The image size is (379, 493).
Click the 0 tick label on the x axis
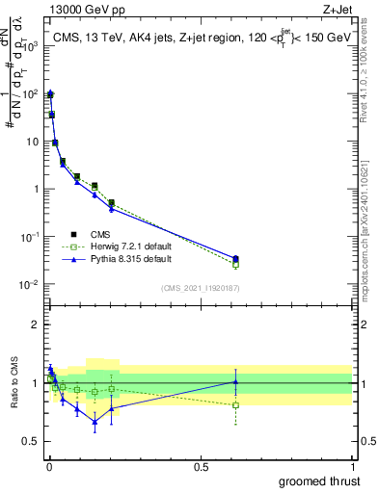tap(48, 466)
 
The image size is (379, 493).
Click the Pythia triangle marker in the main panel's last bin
tap(236, 258)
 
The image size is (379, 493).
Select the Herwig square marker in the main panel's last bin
tap(236, 264)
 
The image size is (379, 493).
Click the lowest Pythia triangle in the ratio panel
tap(95, 421)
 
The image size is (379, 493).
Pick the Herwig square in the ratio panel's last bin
tap(236, 404)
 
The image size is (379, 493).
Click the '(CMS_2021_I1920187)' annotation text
tap(200, 288)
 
